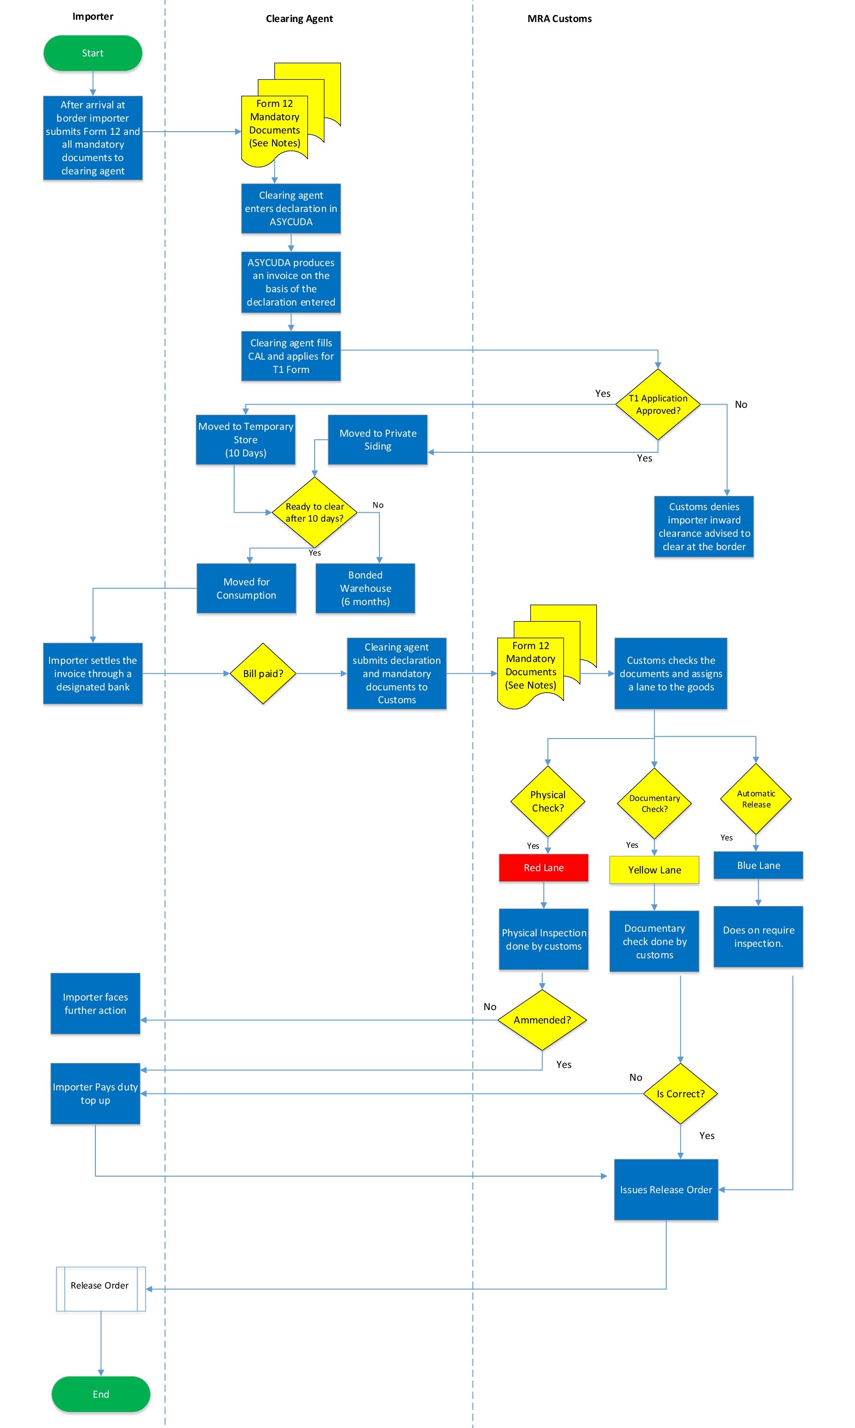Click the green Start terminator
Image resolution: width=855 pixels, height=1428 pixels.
pyautogui.click(x=93, y=53)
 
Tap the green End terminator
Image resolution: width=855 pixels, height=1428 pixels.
pyautogui.click(x=101, y=1394)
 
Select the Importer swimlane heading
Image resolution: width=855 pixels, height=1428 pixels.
pyautogui.click(x=93, y=16)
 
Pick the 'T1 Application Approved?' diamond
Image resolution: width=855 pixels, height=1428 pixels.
pyautogui.click(x=657, y=405)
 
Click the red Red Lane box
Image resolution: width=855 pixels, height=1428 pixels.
pyautogui.click(x=543, y=867)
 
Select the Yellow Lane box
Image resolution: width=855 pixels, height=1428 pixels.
pyautogui.click(x=654, y=870)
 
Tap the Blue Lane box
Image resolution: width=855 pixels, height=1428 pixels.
pyautogui.click(x=758, y=865)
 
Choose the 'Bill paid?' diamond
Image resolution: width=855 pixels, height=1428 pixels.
pyautogui.click(x=263, y=673)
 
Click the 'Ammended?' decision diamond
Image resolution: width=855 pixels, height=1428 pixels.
pyautogui.click(x=542, y=1020)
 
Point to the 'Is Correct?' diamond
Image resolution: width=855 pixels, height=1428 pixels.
pyautogui.click(x=680, y=1093)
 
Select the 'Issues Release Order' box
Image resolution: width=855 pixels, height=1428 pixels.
pyautogui.click(x=666, y=1189)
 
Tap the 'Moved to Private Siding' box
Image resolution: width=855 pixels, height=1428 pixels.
pyautogui.click(x=378, y=439)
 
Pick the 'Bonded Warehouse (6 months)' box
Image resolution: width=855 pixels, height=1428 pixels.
pyautogui.click(x=365, y=588)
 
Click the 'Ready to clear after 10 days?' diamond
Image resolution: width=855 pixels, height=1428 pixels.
pyautogui.click(x=315, y=512)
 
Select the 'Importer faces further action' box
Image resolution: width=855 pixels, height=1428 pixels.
pyautogui.click(x=95, y=1004)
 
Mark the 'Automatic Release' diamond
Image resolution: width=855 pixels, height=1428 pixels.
pyautogui.click(x=756, y=799)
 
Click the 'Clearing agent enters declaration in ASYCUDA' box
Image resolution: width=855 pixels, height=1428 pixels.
pyautogui.click(x=291, y=209)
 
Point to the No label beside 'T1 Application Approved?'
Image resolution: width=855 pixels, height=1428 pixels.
pyautogui.click(x=741, y=405)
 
